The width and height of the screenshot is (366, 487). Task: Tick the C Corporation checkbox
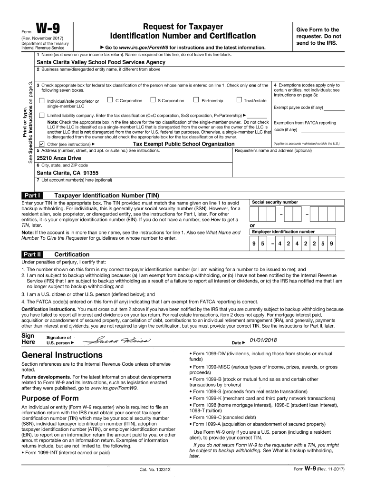110,100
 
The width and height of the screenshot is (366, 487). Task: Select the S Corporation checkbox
153,100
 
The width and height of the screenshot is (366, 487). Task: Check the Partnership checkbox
196,100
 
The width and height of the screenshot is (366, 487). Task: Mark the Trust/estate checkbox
239,100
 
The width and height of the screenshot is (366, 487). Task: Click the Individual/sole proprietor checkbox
41,100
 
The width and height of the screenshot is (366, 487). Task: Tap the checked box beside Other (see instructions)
41,144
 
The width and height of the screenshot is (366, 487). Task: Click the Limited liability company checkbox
41,116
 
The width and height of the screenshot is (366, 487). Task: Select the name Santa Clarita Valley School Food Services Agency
101,62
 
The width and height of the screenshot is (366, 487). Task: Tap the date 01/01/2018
262,340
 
